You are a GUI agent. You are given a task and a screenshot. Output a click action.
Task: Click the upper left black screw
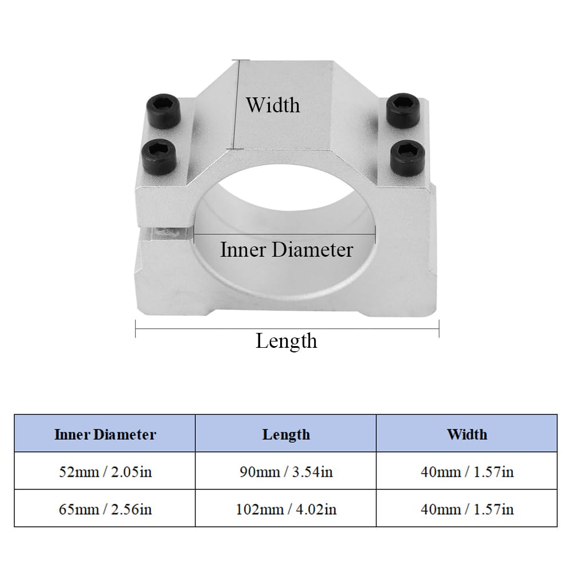click(163, 111)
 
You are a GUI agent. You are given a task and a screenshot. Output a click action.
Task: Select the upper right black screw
click(403, 111)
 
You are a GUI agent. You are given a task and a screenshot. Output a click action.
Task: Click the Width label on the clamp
click(273, 105)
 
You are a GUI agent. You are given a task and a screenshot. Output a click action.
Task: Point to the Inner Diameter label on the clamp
click(286, 250)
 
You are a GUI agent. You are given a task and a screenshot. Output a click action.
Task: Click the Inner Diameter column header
click(105, 434)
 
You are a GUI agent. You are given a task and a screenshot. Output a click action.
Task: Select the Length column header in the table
click(286, 434)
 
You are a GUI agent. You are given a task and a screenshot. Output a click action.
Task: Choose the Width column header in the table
click(466, 434)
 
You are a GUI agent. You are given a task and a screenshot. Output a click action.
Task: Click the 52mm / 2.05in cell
click(105, 472)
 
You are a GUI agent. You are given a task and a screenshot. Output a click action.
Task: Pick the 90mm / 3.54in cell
click(286, 472)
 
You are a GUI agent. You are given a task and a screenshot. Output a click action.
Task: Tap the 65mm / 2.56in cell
click(105, 509)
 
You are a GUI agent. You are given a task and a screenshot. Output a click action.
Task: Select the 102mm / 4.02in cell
click(286, 509)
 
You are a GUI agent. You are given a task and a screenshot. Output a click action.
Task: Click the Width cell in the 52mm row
click(466, 472)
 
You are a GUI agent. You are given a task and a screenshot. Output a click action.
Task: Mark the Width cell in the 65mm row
click(466, 509)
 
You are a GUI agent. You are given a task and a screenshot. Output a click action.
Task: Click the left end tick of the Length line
click(136, 329)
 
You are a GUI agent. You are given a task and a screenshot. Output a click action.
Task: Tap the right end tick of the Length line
click(439, 329)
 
